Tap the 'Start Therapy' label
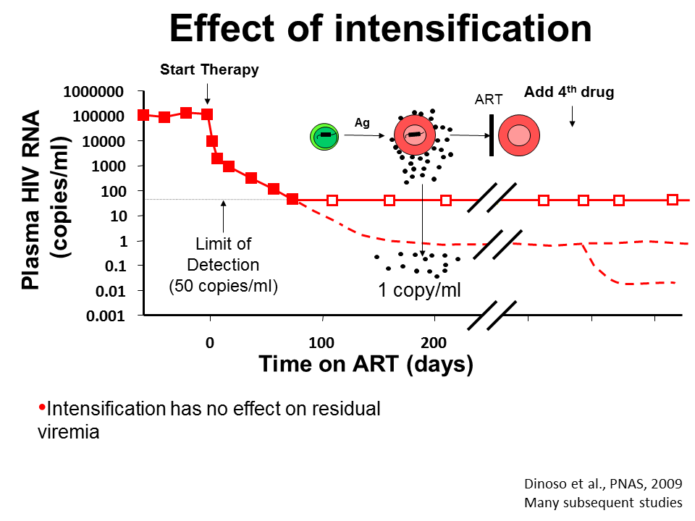tap(209, 70)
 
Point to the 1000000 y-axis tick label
tap(93, 91)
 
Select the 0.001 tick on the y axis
tap(106, 315)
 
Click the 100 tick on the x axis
tap(321, 342)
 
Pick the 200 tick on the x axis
tap(434, 342)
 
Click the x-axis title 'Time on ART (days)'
tap(366, 364)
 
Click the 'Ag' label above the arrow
tap(362, 123)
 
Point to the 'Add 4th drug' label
tap(569, 93)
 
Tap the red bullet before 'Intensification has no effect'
tap(41, 407)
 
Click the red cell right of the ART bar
tap(518, 135)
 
